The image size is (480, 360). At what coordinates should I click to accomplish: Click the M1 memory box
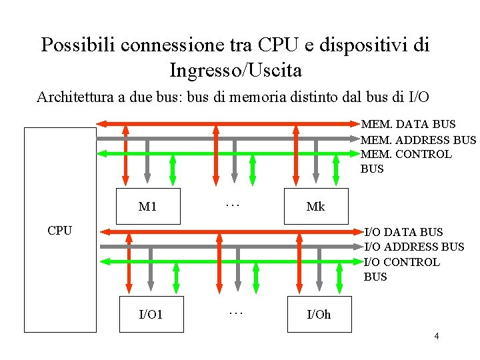tap(147, 206)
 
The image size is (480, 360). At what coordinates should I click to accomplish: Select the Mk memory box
tap(315, 206)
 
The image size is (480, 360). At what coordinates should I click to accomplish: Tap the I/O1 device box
tap(150, 313)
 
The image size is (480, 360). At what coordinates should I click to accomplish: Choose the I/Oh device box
tap(318, 313)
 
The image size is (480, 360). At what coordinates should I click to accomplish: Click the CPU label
tap(60, 231)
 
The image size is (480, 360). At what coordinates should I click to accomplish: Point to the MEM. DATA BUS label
tap(408, 124)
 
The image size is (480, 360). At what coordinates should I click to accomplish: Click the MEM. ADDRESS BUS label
tap(418, 139)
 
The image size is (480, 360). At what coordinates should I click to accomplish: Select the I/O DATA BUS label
tap(403, 232)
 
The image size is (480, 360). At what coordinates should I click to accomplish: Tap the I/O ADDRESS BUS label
tap(414, 247)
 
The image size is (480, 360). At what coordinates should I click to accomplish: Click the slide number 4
tap(437, 336)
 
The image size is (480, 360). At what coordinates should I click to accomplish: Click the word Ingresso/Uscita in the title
tap(235, 70)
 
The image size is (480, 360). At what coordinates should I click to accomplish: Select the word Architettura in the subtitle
tap(75, 97)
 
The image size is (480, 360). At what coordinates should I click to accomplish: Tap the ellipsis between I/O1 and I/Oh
tap(235, 311)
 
